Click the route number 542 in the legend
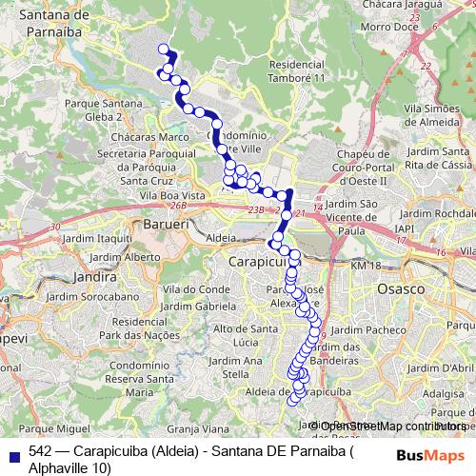(40, 452)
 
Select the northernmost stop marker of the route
(163, 50)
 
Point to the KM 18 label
(365, 266)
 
